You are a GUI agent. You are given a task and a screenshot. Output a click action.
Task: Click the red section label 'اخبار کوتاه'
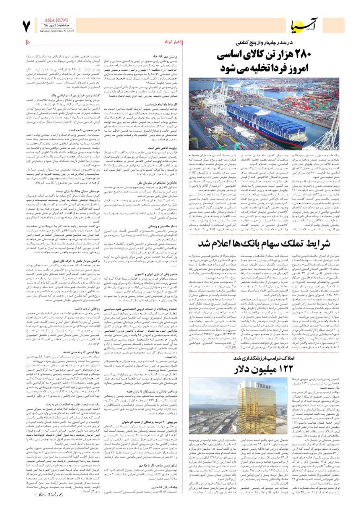[x=173, y=42]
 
